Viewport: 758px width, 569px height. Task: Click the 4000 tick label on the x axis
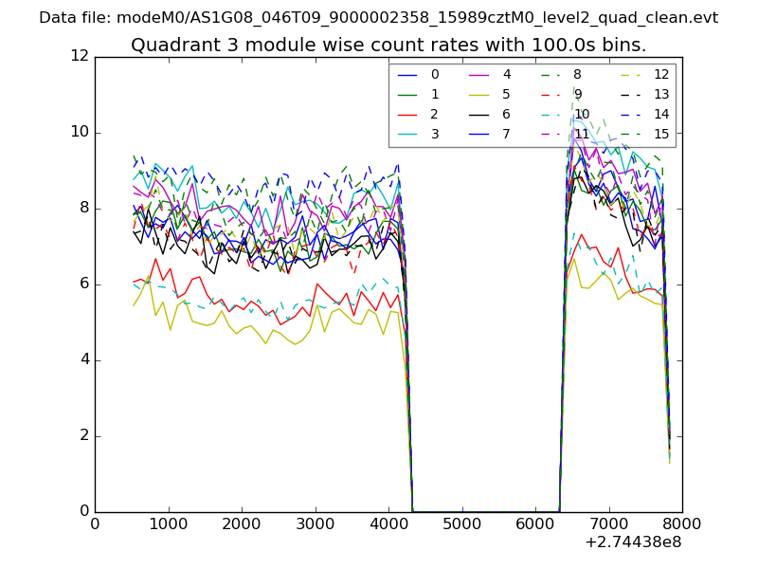coord(388,523)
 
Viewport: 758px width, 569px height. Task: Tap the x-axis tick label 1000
coord(168,523)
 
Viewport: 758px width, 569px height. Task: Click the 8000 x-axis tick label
coord(682,523)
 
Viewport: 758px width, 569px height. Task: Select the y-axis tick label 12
coord(80,56)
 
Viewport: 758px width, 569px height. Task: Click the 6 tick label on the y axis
coord(83,284)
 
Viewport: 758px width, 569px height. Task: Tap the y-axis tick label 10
coord(80,132)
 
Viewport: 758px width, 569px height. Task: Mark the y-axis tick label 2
coord(83,435)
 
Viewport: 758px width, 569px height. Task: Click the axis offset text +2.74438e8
coord(634,542)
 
